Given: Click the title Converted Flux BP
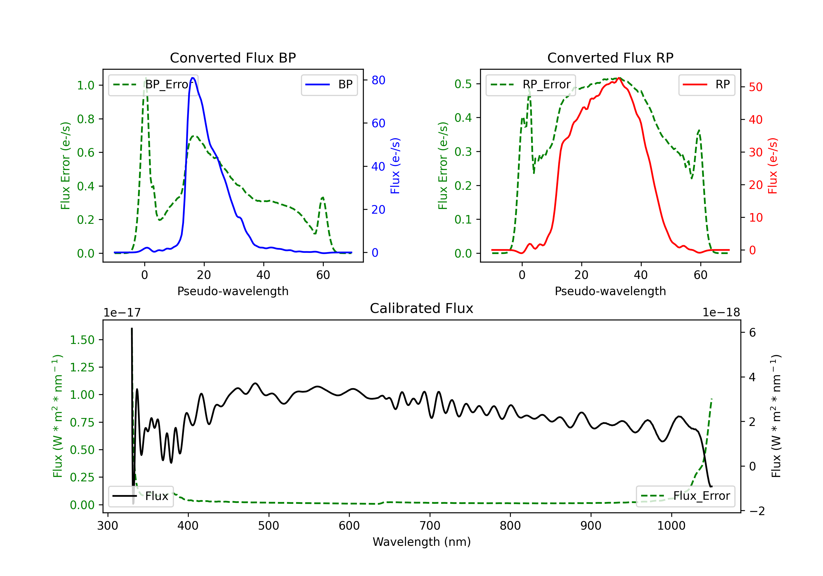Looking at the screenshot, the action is [233, 58].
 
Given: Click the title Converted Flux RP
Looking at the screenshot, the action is [610, 58].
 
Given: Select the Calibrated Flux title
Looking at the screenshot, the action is [422, 308].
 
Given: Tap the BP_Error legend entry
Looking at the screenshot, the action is [153, 84].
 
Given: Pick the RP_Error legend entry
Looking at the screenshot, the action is [531, 84].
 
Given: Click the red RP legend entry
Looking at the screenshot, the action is [706, 84].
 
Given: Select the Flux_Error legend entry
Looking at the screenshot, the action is [685, 496].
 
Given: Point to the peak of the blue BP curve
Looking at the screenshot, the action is [193, 78].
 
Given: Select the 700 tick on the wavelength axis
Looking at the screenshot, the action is [430, 526].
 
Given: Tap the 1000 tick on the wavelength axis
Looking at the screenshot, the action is [671, 526].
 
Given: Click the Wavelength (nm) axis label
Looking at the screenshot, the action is [422, 542].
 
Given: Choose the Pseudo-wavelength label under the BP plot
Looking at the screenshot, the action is [233, 291].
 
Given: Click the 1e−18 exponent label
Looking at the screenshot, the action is [721, 313].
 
